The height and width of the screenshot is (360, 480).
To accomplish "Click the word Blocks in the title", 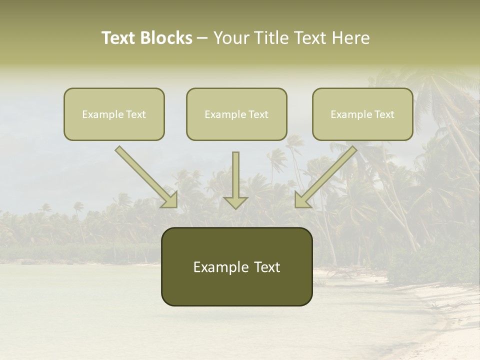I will pyautogui.click(x=166, y=38).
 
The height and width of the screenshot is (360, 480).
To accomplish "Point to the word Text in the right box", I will pyautogui.click(x=384, y=114).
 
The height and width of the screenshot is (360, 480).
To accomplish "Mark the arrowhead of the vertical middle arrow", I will pyautogui.click(x=235, y=202).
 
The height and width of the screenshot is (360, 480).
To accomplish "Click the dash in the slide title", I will pyautogui.click(x=202, y=38).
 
